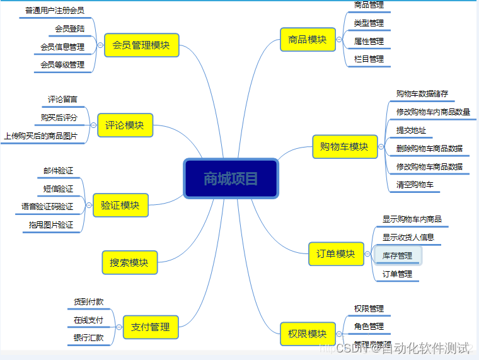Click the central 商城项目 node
point(231,178)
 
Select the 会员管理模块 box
point(141,45)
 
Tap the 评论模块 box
point(125,125)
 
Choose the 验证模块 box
point(120,205)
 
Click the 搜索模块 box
point(129,262)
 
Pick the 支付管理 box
point(150,327)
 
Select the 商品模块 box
point(307,40)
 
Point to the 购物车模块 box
point(344,147)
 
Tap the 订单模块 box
point(336,254)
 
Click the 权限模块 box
point(307,334)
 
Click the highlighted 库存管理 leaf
point(398,255)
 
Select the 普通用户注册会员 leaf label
point(55,11)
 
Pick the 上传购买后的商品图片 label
point(41,136)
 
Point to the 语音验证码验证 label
point(47,206)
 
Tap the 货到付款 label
point(89,302)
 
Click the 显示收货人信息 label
point(408,237)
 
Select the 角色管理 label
point(369,326)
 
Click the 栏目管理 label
point(369,59)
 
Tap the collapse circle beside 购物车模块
point(381,147)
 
